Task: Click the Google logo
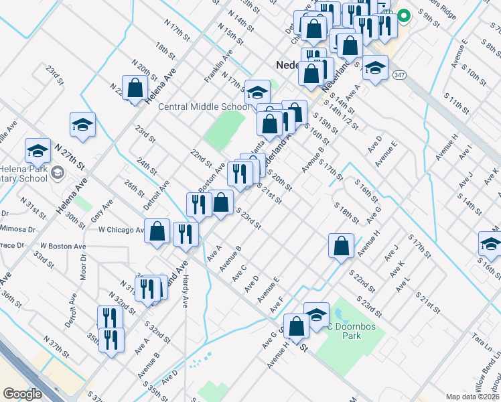(21, 394)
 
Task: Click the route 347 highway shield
(400, 74)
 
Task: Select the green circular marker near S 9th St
(405, 17)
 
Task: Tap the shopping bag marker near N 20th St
(135, 87)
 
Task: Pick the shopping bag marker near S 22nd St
(341, 245)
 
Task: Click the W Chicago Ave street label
(121, 230)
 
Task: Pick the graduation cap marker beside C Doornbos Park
(316, 314)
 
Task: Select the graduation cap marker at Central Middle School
(257, 92)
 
